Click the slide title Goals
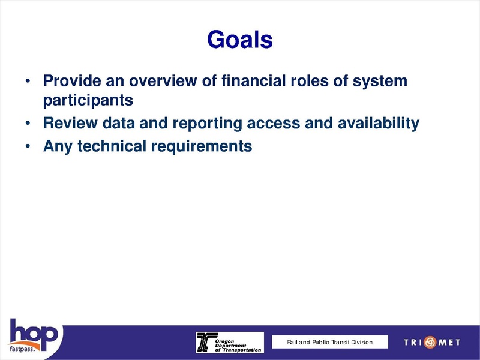point(239,40)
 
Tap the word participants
point(88,100)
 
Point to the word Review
point(66,124)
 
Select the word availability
point(379,124)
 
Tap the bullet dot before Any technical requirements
point(28,146)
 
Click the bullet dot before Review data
point(28,124)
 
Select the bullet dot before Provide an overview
point(28,81)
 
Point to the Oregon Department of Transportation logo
point(229,342)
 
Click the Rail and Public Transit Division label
point(329,342)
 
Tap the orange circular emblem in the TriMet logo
point(430,342)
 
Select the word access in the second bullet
point(273,124)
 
